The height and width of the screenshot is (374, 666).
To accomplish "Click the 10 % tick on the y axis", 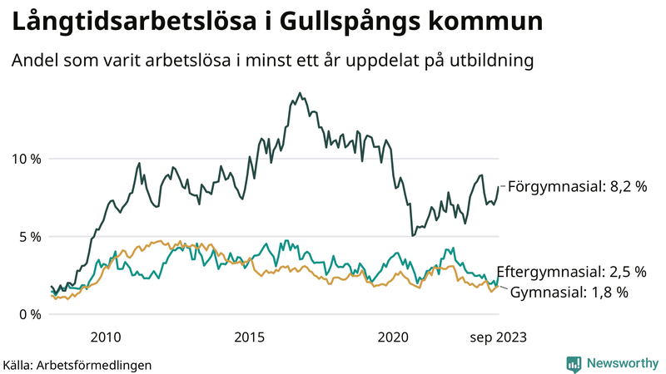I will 26,159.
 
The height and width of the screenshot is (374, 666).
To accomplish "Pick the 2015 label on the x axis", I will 249,337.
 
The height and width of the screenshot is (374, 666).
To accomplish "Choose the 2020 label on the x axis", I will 393,337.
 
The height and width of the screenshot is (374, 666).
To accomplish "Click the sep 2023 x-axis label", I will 498,337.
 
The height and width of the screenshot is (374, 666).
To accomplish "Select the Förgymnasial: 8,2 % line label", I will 577,187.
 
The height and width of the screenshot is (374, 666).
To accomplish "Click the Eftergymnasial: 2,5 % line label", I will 571,272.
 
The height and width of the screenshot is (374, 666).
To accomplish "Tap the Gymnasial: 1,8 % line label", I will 569,292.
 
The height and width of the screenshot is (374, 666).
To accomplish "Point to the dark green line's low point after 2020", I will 413,235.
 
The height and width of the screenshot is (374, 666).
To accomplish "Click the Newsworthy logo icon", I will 574,363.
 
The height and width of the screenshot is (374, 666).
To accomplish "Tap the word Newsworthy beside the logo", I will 621,363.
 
